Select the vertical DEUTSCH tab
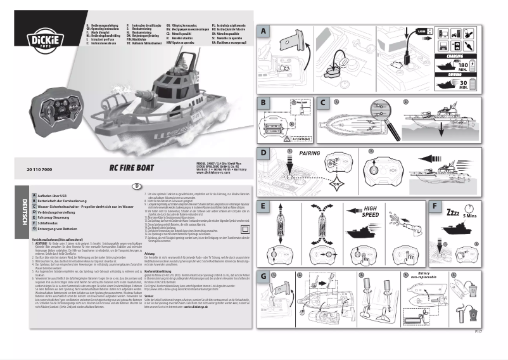pos(24,210)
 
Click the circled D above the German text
pos(136,186)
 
